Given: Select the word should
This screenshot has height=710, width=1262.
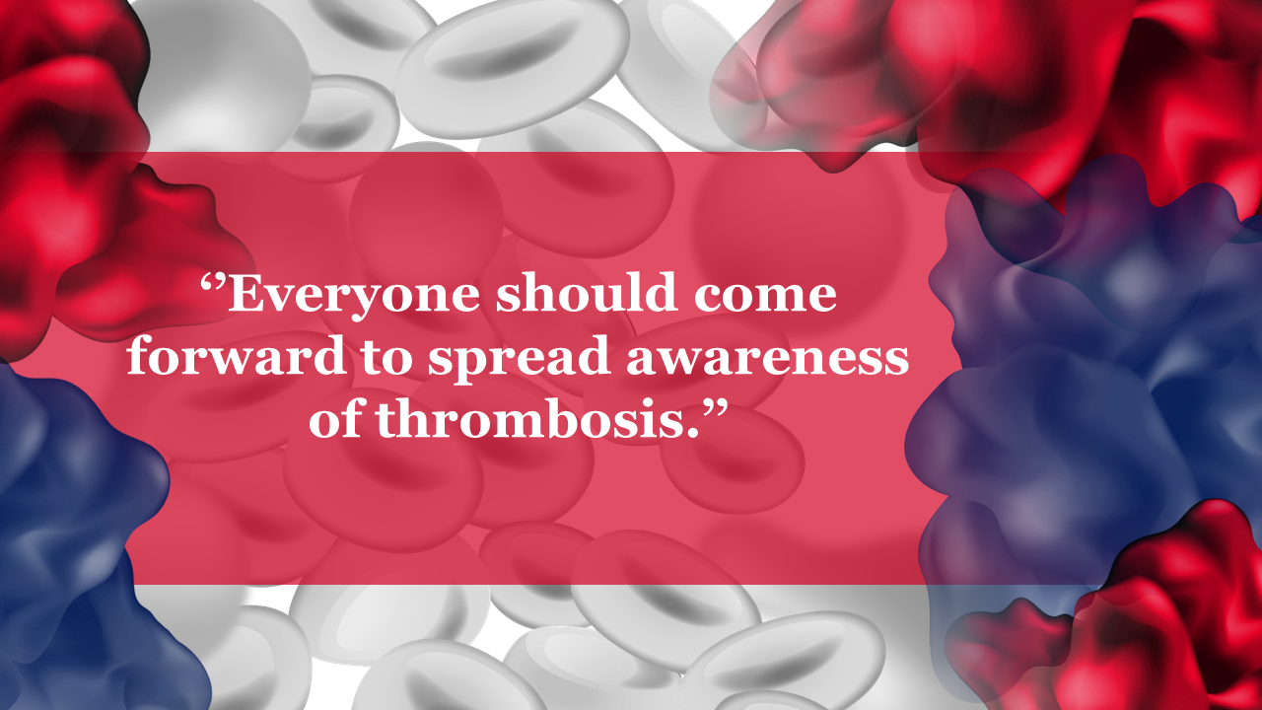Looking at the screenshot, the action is click(x=586, y=291).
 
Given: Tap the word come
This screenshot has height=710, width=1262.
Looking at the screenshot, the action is click(x=765, y=297).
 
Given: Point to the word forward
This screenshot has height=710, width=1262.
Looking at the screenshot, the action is click(x=236, y=354).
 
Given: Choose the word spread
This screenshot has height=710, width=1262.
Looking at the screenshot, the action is click(x=519, y=358).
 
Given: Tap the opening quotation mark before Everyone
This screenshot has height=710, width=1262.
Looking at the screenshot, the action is click(x=213, y=283).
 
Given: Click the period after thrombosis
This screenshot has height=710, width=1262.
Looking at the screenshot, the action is click(x=691, y=432).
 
